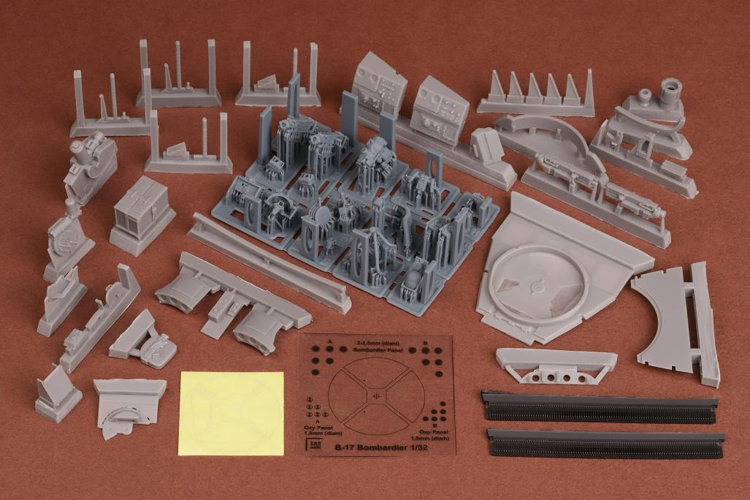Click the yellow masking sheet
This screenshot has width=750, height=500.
point(231,412)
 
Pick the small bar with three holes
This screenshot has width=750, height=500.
point(555,365)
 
